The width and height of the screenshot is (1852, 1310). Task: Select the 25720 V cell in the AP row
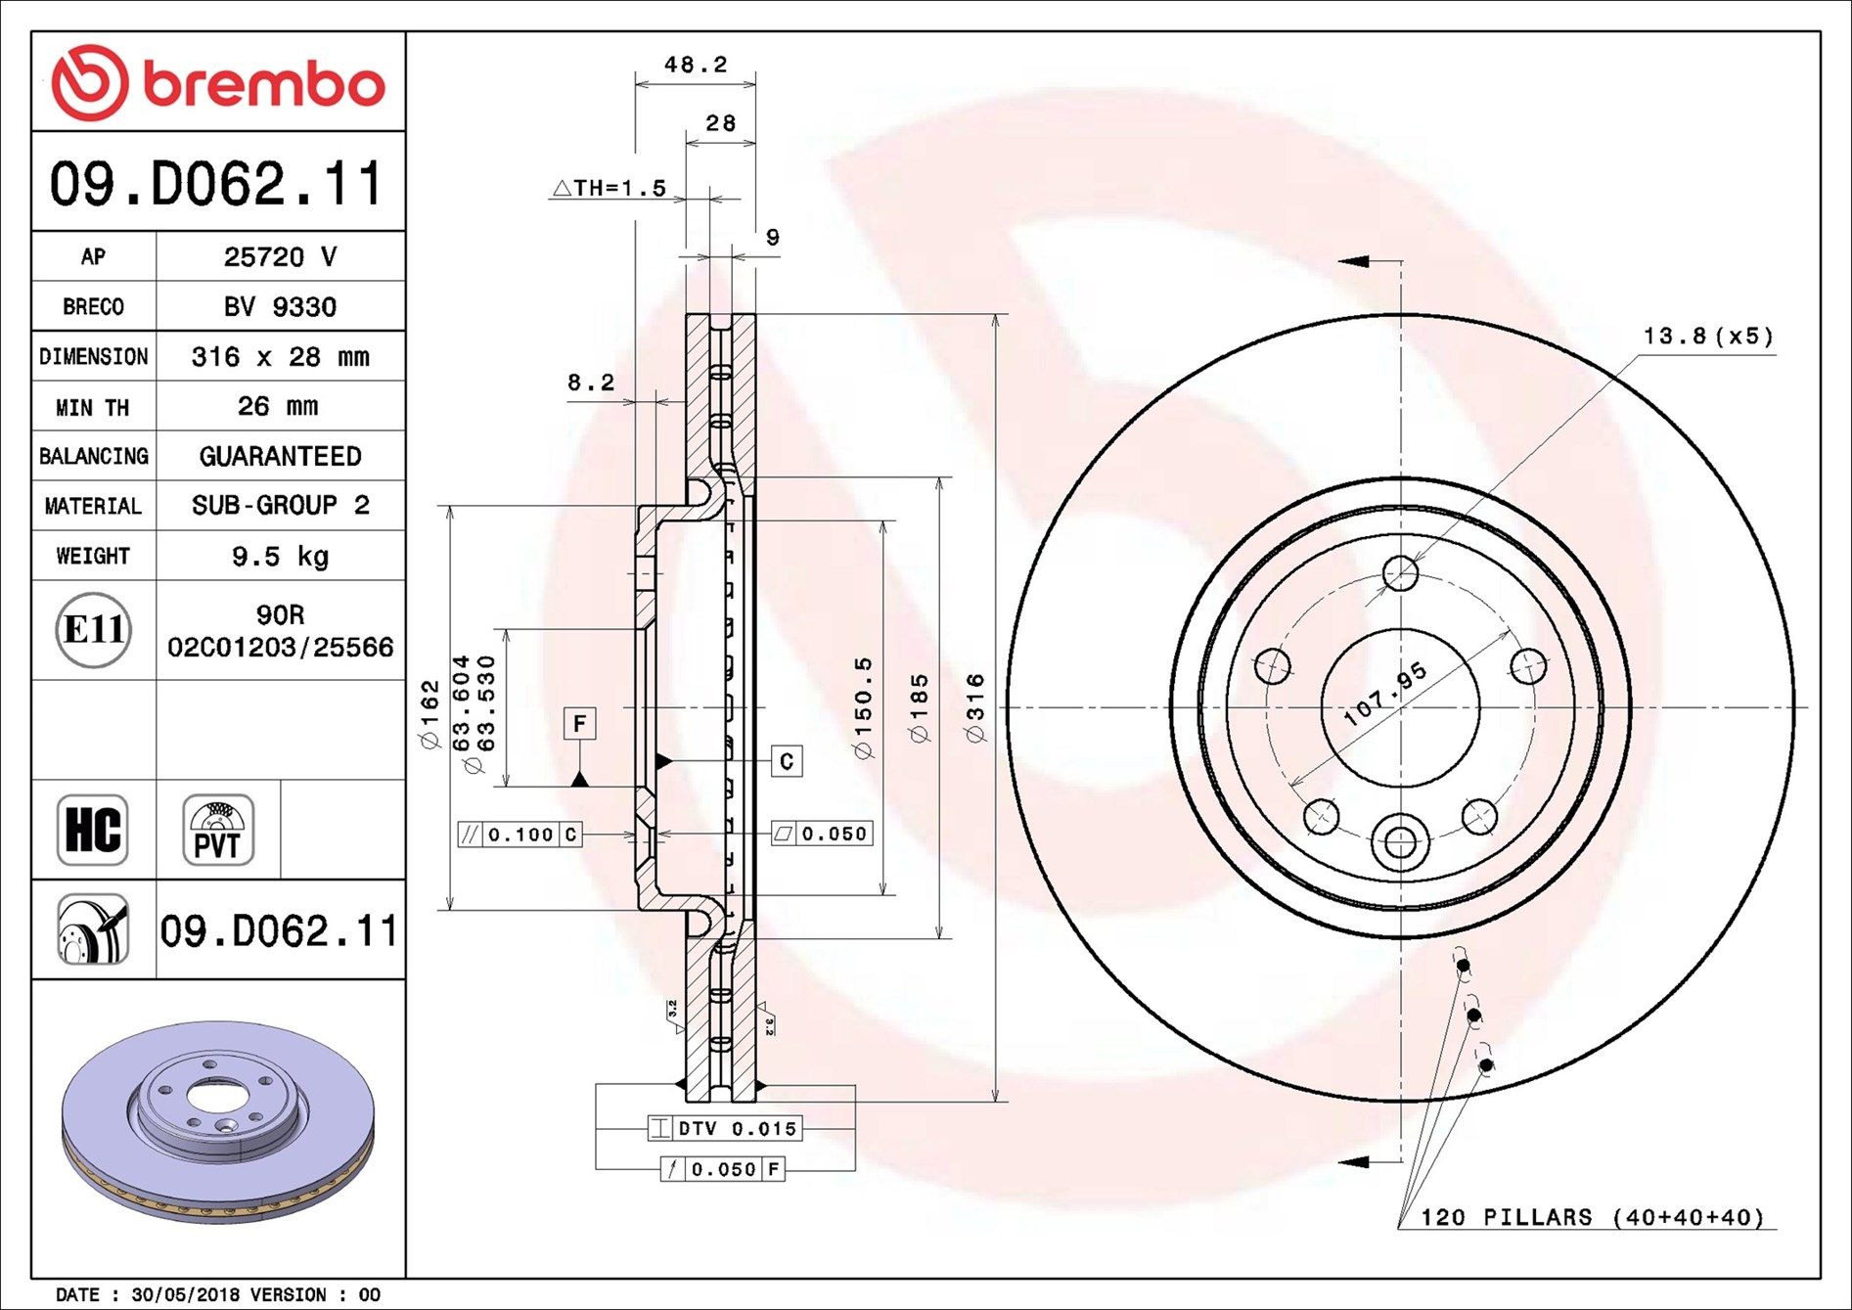pyautogui.click(x=280, y=256)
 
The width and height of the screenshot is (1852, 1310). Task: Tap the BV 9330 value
pyautogui.click(x=280, y=307)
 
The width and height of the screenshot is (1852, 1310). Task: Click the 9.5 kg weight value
pyautogui.click(x=280, y=557)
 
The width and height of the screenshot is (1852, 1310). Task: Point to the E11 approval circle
pyautogui.click(x=93, y=629)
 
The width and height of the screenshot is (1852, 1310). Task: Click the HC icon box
pyautogui.click(x=93, y=830)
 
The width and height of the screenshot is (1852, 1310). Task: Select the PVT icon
pyautogui.click(x=217, y=830)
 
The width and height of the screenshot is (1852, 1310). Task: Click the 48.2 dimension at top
pyautogui.click(x=696, y=65)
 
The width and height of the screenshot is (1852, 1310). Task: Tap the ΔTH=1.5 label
pyautogui.click(x=609, y=188)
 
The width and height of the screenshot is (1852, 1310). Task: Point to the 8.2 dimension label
pyautogui.click(x=591, y=383)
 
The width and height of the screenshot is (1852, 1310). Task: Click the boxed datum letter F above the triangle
pyautogui.click(x=579, y=724)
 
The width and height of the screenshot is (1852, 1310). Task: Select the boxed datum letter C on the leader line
pyautogui.click(x=787, y=761)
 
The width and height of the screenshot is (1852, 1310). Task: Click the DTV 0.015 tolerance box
pyautogui.click(x=725, y=1128)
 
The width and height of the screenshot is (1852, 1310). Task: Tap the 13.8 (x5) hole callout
pyautogui.click(x=1707, y=337)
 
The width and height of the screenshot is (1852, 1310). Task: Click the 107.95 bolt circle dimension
pyautogui.click(x=1384, y=695)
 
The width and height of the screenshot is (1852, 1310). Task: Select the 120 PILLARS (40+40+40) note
pyautogui.click(x=1592, y=1217)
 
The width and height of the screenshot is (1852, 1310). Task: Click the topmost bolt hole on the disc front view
pyautogui.click(x=1400, y=573)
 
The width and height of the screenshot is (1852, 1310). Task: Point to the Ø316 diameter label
pyautogui.click(x=975, y=707)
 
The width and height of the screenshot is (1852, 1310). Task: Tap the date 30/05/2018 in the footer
pyautogui.click(x=185, y=1294)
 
